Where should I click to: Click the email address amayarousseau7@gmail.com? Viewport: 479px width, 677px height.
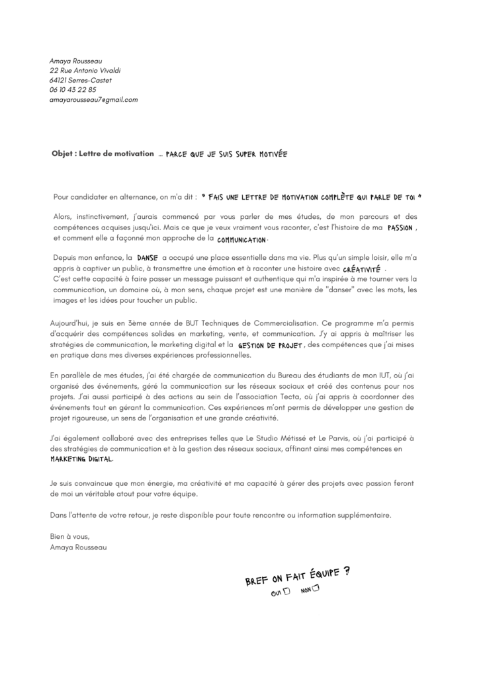click(x=93, y=99)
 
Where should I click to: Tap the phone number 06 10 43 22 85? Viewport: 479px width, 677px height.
click(x=73, y=90)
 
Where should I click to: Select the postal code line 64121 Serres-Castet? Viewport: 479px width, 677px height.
click(x=80, y=80)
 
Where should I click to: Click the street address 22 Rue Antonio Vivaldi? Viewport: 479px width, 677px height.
click(x=85, y=70)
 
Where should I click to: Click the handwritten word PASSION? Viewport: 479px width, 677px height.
click(x=400, y=227)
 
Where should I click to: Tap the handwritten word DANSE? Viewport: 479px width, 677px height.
click(x=146, y=260)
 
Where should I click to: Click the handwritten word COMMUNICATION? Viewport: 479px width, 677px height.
click(x=241, y=239)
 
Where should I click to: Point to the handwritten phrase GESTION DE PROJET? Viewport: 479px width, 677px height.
click(x=269, y=345)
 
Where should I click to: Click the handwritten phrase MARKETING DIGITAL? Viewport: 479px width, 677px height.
click(x=81, y=459)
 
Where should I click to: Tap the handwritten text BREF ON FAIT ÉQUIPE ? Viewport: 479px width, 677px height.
click(x=297, y=575)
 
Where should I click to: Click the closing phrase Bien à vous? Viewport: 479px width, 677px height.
click(x=69, y=536)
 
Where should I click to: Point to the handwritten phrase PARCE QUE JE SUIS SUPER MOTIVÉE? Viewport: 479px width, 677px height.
click(x=226, y=154)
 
